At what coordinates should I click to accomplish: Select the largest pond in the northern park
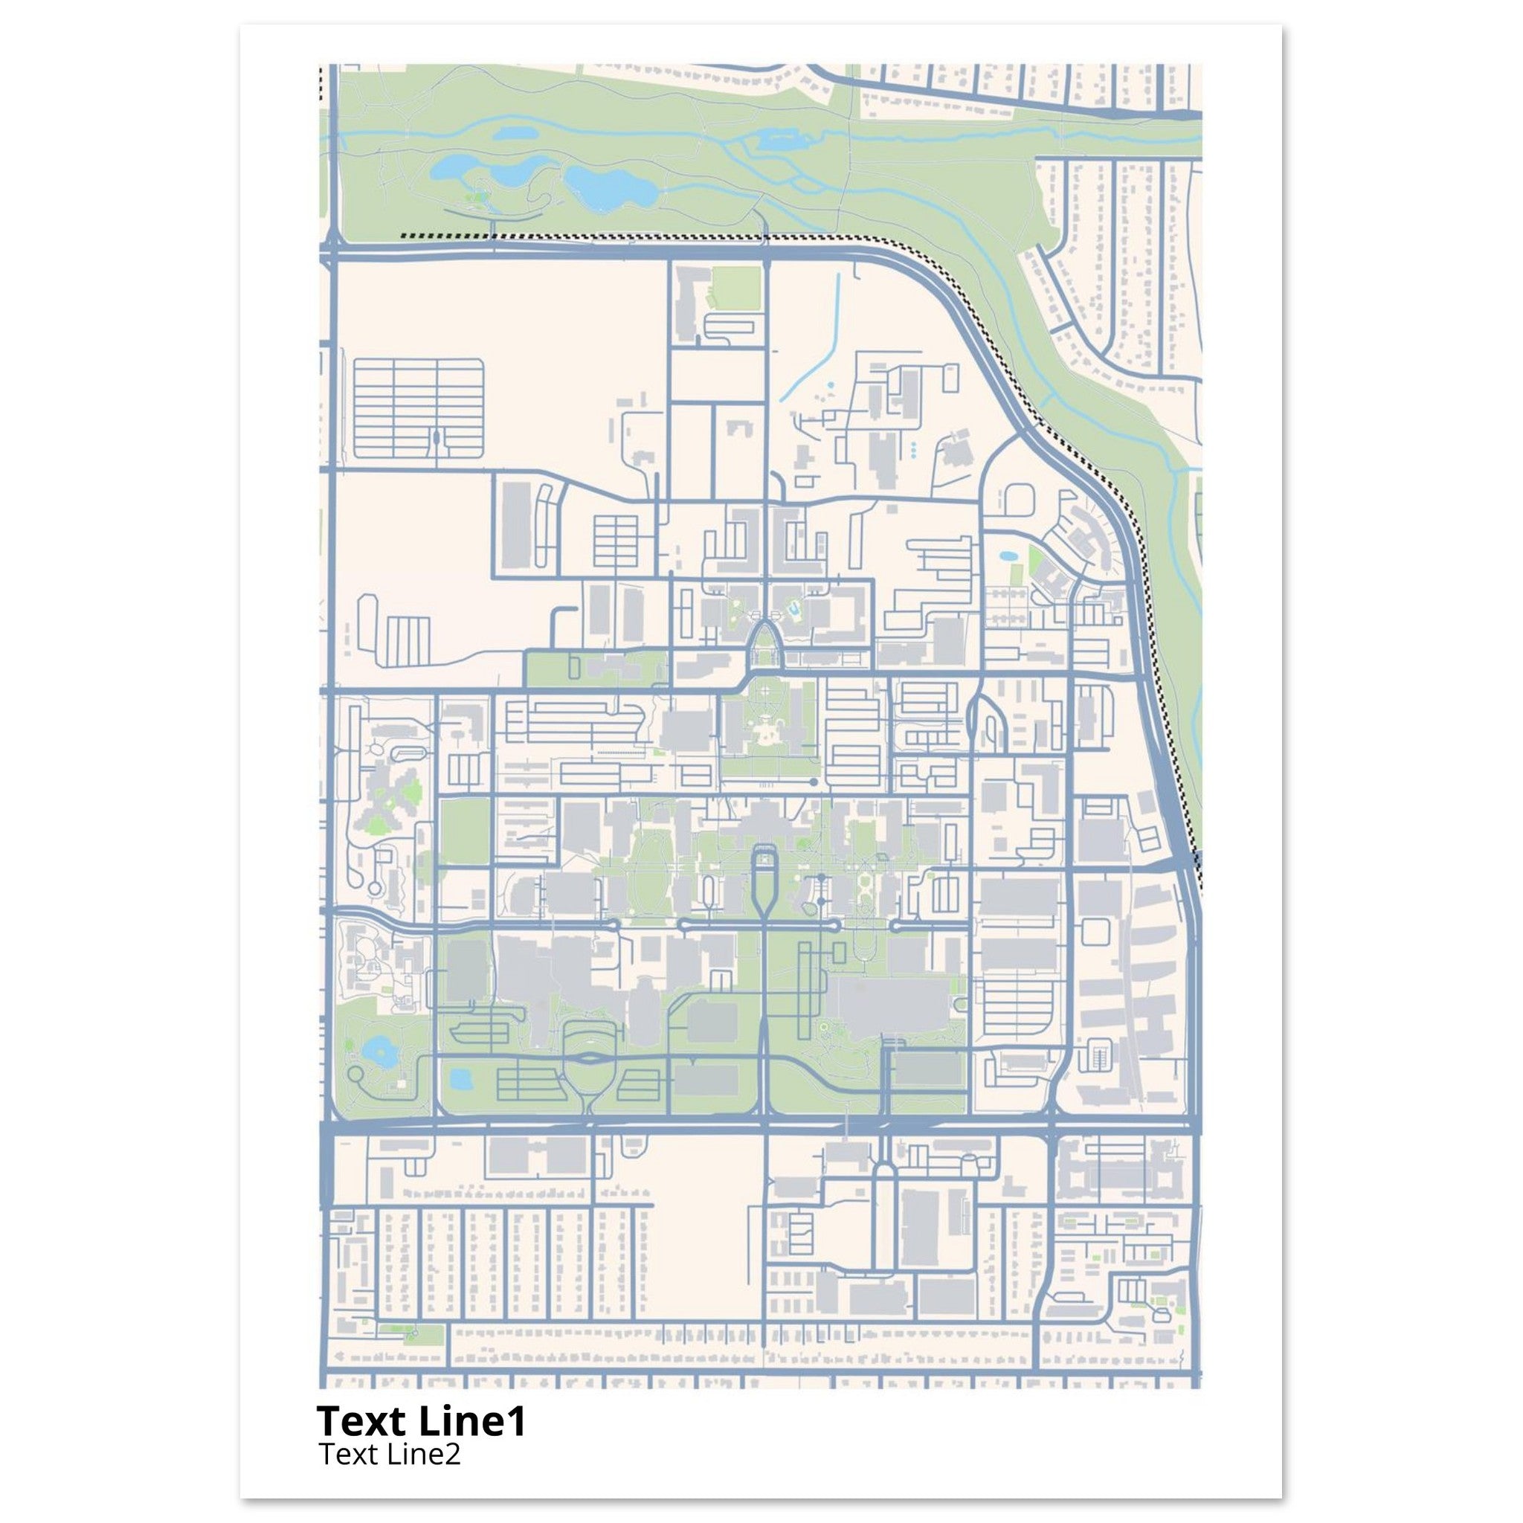613,187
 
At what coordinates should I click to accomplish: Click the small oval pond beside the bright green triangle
1008,556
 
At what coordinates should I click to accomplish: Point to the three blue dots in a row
914,450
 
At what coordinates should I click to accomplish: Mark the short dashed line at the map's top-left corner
321,83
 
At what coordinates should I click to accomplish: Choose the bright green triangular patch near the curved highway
1035,561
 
